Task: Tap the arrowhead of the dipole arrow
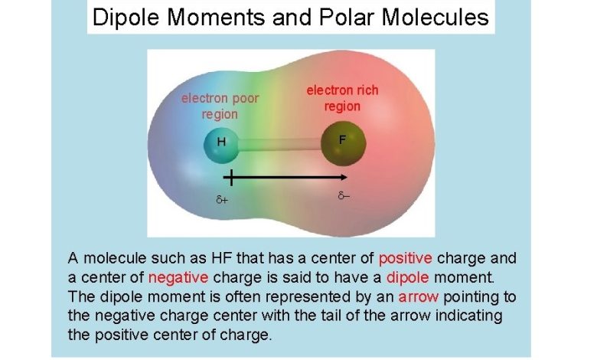(x=344, y=177)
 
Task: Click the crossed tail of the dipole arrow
(x=230, y=178)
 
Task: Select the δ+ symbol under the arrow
(x=222, y=199)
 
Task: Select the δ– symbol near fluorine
(x=344, y=196)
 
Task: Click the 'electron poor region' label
(x=220, y=106)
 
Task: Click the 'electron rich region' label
(x=342, y=98)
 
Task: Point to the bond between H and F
(x=280, y=144)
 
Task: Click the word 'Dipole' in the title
(x=126, y=18)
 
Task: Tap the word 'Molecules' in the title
(x=435, y=17)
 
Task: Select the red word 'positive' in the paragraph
(x=405, y=258)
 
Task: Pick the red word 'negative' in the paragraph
(x=178, y=277)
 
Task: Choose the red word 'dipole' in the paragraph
(x=407, y=277)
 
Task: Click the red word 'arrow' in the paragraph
(x=419, y=296)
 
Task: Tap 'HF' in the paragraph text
(x=221, y=258)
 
